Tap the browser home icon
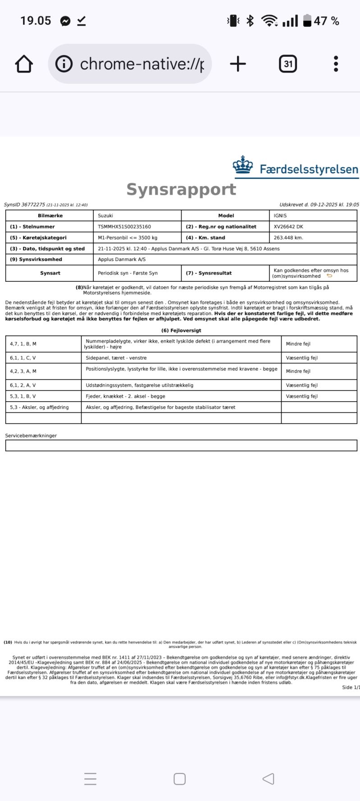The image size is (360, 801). coord(24,64)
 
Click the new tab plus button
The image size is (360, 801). coord(238,64)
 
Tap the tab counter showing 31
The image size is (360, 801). coord(288,64)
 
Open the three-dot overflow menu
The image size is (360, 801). coord(336,64)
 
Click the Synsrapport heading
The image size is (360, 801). coord(181,189)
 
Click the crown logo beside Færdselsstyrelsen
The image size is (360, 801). coord(243,165)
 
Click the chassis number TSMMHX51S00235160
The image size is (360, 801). coord(124,227)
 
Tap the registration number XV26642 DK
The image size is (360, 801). coord(288,227)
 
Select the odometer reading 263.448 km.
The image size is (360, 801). coord(288,238)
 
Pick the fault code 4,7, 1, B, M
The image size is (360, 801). coord(23,344)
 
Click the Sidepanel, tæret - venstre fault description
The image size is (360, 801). coord(116,358)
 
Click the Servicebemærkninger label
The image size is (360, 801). coord(31,436)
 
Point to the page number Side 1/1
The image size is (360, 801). coord(351,687)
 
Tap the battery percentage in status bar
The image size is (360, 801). coord(327,21)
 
